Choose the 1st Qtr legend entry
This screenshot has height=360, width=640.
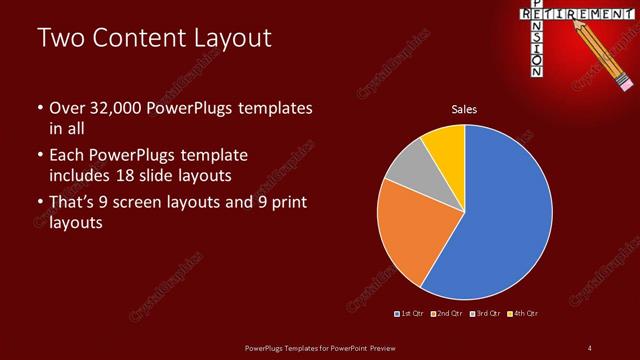(x=410, y=314)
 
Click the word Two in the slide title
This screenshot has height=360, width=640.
(x=61, y=39)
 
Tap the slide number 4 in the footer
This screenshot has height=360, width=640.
(x=590, y=347)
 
